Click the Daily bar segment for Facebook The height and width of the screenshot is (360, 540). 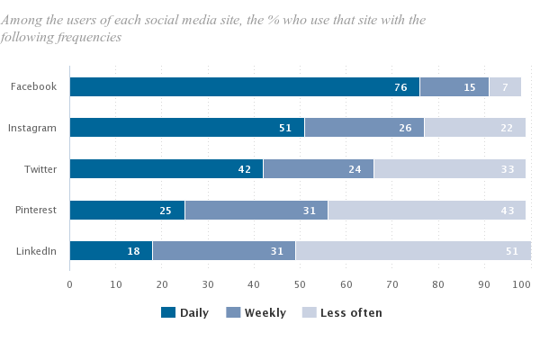click(x=243, y=86)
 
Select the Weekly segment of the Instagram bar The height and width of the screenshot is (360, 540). click(x=364, y=128)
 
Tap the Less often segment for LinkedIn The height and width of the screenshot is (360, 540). click(x=413, y=251)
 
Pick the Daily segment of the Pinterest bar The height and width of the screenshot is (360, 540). click(x=126, y=210)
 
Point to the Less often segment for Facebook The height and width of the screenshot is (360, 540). click(x=505, y=86)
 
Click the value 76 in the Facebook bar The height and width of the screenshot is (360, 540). click(x=401, y=87)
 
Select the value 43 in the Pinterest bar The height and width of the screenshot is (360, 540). click(x=508, y=211)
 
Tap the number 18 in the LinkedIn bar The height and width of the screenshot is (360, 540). click(x=133, y=252)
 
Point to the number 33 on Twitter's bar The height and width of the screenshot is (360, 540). click(x=508, y=169)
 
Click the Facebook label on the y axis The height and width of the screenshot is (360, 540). click(x=33, y=86)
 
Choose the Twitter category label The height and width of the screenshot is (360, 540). click(x=40, y=168)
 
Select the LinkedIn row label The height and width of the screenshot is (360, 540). click(x=37, y=251)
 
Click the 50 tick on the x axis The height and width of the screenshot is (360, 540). click(x=300, y=284)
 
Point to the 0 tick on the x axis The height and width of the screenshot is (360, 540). click(x=69, y=284)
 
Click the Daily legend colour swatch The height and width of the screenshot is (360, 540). click(x=168, y=312)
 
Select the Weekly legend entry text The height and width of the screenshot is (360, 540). click(x=265, y=313)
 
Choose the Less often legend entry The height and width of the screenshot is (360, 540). click(x=351, y=313)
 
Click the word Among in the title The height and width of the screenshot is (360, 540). click(x=22, y=19)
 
